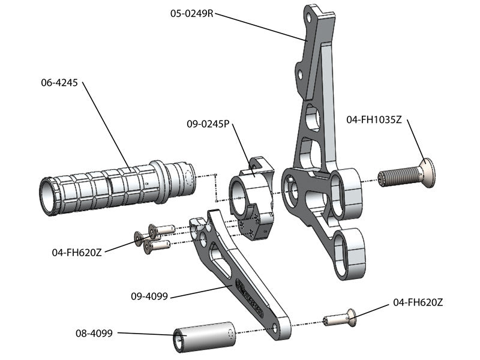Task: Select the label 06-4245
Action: pyautogui.click(x=59, y=83)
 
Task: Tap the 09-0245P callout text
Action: pyautogui.click(x=208, y=124)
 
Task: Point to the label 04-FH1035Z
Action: pyautogui.click(x=373, y=119)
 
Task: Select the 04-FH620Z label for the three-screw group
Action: pyautogui.click(x=76, y=253)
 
